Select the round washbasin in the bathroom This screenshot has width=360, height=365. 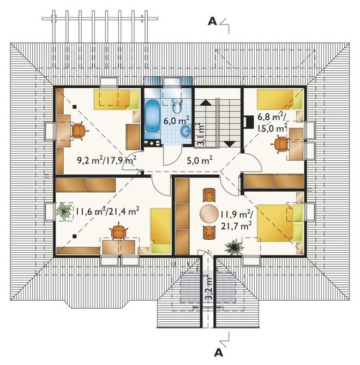coord(186,131)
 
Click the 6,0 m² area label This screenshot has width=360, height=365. coord(176,120)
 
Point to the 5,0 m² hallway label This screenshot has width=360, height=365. coord(200,160)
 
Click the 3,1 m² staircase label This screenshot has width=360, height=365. coord(201,134)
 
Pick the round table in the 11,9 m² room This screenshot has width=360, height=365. coord(209,213)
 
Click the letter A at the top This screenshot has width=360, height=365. coord(212,22)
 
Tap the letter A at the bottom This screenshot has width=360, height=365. coord(218,353)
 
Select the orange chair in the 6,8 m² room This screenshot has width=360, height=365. coord(280,144)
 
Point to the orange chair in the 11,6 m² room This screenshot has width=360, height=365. coord(118,231)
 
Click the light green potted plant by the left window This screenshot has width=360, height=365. coord(64,211)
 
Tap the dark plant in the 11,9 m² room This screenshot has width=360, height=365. coord(233,247)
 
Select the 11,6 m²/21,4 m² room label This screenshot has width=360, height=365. coord(107,211)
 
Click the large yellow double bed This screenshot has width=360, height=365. coord(280,223)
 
